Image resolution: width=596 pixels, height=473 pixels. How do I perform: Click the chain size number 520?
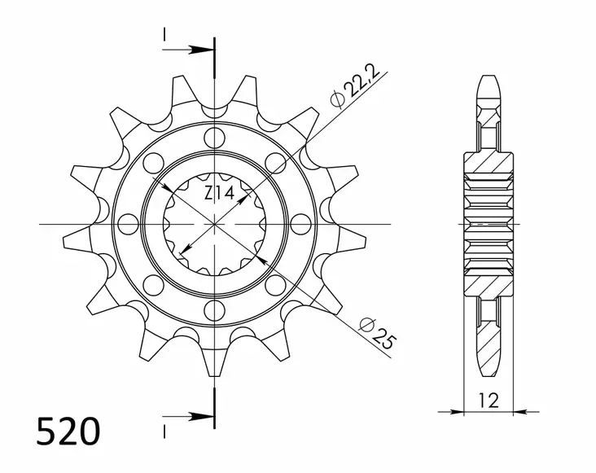coord(68,431)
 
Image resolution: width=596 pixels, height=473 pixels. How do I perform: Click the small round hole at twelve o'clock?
coord(215,135)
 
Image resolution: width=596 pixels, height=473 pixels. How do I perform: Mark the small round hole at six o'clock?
coord(215,309)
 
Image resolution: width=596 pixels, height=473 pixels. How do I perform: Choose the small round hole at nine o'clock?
coord(128,222)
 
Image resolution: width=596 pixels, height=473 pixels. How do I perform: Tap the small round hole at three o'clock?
coord(302,222)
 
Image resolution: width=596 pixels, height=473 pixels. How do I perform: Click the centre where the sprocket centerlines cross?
coord(215,222)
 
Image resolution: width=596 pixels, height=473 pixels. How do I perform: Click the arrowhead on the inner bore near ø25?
coord(262,257)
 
